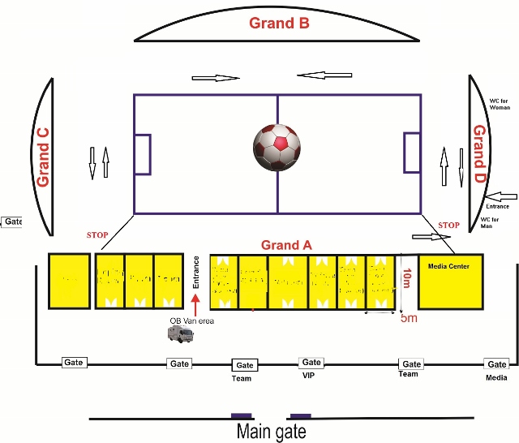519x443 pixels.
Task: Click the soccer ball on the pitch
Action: tap(277, 147)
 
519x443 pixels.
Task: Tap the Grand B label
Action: tap(279, 23)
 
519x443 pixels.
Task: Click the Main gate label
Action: tap(271, 431)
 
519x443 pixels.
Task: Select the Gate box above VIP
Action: tap(311, 363)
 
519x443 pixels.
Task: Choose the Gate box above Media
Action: tap(496, 364)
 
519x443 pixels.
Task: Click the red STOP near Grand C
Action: tap(97, 235)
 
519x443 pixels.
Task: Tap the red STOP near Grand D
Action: tap(448, 225)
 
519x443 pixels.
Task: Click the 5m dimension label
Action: tap(410, 318)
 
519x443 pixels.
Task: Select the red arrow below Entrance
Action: tap(195, 306)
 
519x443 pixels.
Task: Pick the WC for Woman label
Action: tap(501, 102)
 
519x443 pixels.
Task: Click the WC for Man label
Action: tap(498, 223)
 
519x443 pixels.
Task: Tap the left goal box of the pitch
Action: tap(142, 154)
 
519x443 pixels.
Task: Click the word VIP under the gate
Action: tap(310, 376)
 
